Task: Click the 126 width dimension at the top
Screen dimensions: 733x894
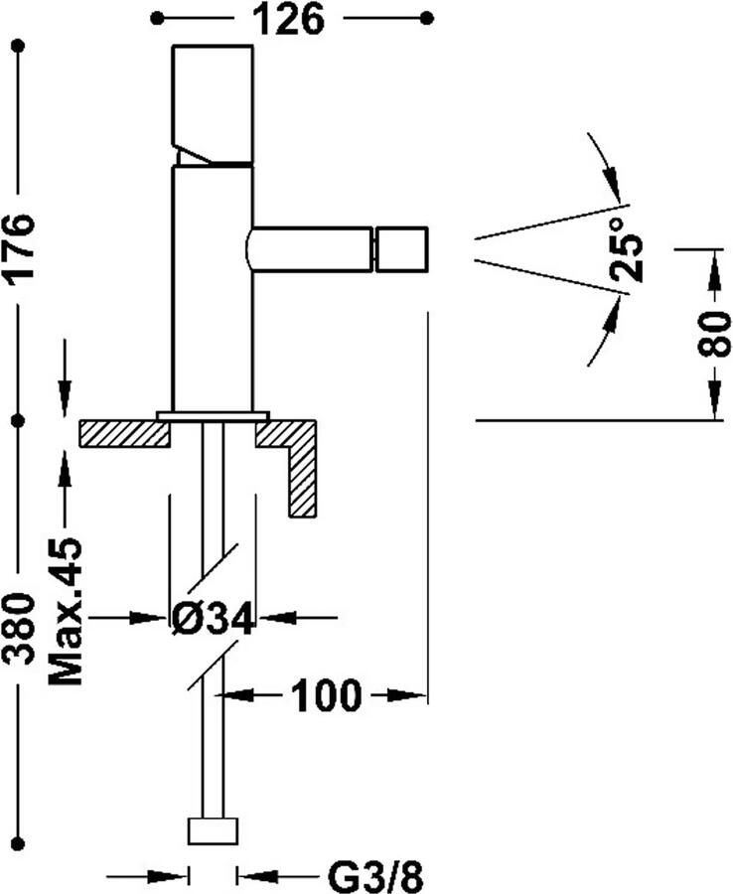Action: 288,20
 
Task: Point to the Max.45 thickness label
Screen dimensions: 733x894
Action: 66,611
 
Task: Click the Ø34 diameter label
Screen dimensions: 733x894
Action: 212,619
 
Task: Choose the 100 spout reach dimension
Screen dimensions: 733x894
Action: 326,695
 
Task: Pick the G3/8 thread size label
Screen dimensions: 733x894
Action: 375,876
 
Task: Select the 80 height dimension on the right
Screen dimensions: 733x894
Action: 714,334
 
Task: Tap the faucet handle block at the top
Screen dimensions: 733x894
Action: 213,104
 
